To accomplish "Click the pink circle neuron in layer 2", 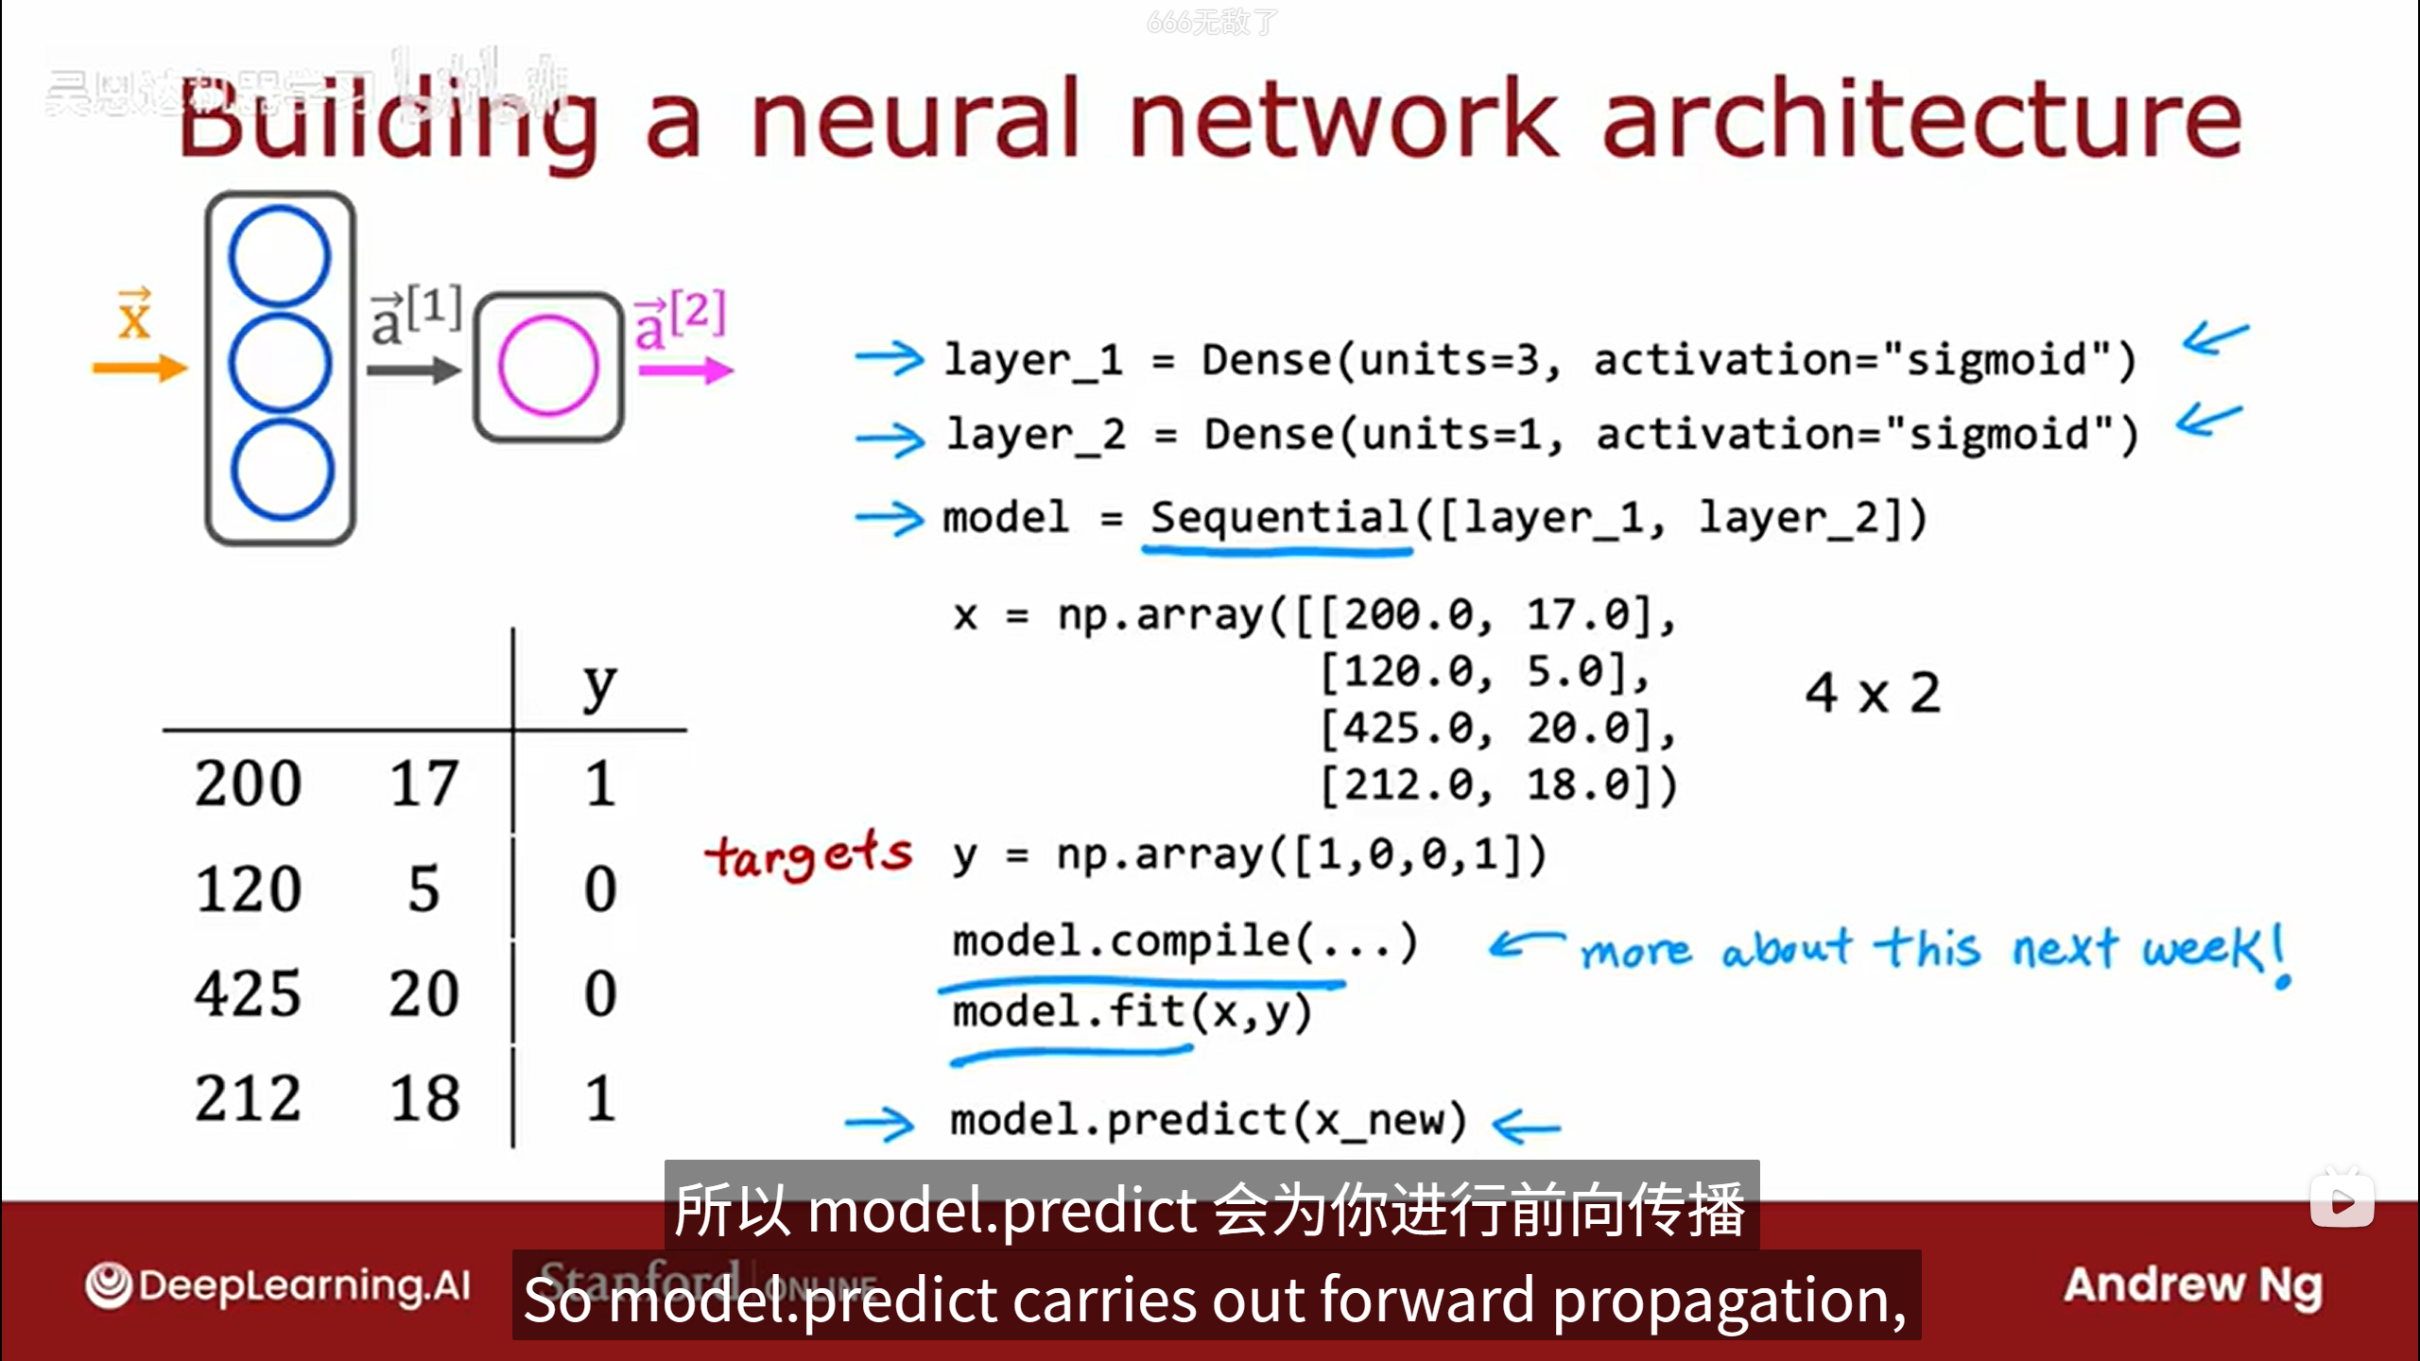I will [x=548, y=366].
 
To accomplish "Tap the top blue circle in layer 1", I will [x=280, y=256].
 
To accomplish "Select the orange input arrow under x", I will [x=139, y=368].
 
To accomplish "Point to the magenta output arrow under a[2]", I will [x=684, y=370].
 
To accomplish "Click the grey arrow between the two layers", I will [x=412, y=370].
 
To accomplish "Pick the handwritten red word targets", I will [x=808, y=855].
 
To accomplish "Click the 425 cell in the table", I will [x=248, y=993].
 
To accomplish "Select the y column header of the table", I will [x=599, y=686].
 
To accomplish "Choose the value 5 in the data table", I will [x=423, y=888].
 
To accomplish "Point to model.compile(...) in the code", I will [x=1184, y=941].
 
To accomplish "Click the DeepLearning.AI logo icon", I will [x=109, y=1285].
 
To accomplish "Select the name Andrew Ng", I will [x=2192, y=1285].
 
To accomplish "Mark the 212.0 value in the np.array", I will [x=1409, y=784].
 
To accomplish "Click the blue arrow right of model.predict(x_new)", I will [x=1526, y=1125].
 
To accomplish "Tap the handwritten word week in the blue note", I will [x=2203, y=948].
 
